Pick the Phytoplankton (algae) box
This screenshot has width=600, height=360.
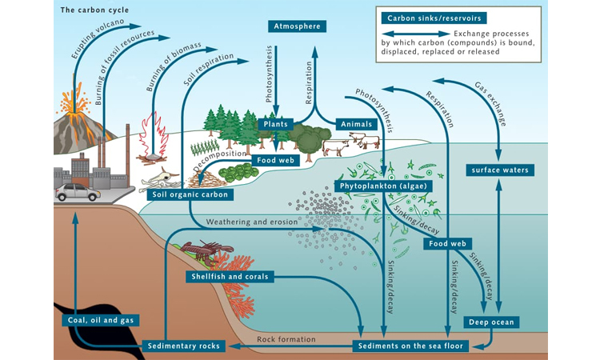tap(386, 186)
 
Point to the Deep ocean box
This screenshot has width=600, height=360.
tap(491, 322)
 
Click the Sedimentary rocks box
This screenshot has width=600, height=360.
tap(183, 346)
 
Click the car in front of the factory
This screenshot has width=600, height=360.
tap(78, 192)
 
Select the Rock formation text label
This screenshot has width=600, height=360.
tap(286, 339)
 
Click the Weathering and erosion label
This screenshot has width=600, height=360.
tap(251, 221)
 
